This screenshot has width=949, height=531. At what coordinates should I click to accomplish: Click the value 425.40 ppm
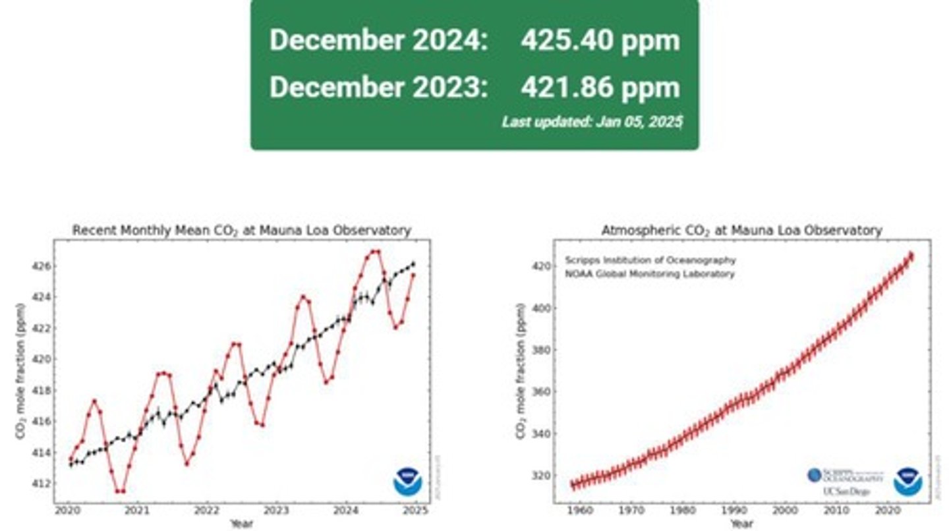pyautogui.click(x=600, y=41)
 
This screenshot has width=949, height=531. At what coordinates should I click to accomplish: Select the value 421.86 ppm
pyautogui.click(x=600, y=88)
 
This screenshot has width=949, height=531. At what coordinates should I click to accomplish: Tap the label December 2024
pyautogui.click(x=378, y=41)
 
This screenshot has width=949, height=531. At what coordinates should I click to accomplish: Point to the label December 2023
pyautogui.click(x=378, y=88)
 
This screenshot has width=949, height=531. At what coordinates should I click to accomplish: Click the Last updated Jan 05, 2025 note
pyautogui.click(x=592, y=122)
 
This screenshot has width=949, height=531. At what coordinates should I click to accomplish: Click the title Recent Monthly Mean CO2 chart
pyautogui.click(x=241, y=231)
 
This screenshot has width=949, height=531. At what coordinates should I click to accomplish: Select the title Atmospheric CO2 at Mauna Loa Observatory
pyautogui.click(x=741, y=231)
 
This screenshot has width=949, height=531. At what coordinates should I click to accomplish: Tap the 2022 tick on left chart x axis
pyautogui.click(x=206, y=511)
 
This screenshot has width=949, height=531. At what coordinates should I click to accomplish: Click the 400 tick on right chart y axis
pyautogui.click(x=540, y=308)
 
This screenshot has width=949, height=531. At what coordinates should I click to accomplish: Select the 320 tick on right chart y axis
pyautogui.click(x=540, y=476)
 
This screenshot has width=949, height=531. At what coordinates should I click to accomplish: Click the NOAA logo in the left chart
pyautogui.click(x=408, y=482)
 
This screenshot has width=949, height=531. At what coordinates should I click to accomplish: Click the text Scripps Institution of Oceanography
pyautogui.click(x=650, y=261)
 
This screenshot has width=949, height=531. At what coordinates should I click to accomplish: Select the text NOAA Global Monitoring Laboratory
pyautogui.click(x=649, y=274)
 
